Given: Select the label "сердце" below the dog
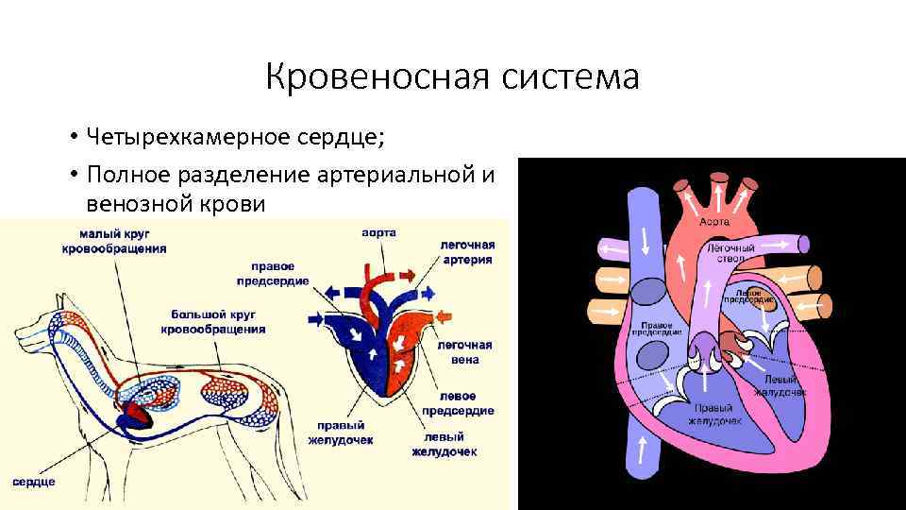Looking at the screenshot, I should pyautogui.click(x=34, y=481).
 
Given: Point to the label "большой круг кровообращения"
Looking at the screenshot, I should pyautogui.click(x=218, y=321).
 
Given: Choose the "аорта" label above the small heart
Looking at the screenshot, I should pyautogui.click(x=378, y=232).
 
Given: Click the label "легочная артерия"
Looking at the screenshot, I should pyautogui.click(x=467, y=251).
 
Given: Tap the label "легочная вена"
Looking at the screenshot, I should pyautogui.click(x=459, y=351).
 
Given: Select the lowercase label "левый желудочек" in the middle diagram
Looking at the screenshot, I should pyautogui.click(x=444, y=444).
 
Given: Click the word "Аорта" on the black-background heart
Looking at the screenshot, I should pyautogui.click(x=714, y=221).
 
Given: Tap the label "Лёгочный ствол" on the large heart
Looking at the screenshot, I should pyautogui.click(x=727, y=251).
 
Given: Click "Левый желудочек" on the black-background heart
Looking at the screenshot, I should pyautogui.click(x=780, y=384).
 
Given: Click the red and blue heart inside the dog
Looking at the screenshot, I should pyautogui.click(x=131, y=412).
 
